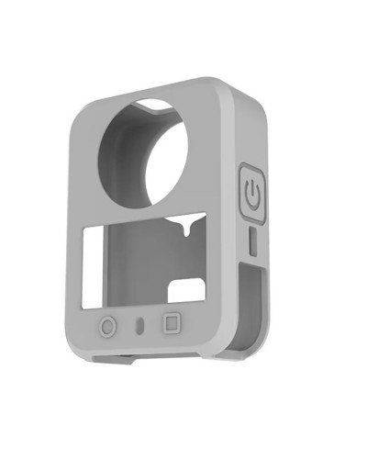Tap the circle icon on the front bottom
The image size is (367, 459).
click(x=109, y=325)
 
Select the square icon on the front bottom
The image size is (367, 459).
click(x=170, y=323)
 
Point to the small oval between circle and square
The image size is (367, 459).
click(x=139, y=324)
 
